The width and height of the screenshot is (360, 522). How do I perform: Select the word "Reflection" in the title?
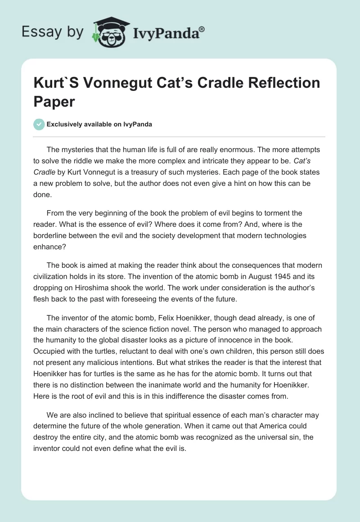(276, 83)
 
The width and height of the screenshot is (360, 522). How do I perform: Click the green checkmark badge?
(39, 124)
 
